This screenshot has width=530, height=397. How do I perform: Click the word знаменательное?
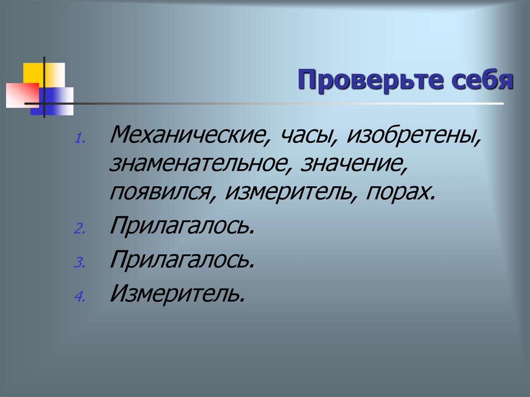[x=200, y=165]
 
